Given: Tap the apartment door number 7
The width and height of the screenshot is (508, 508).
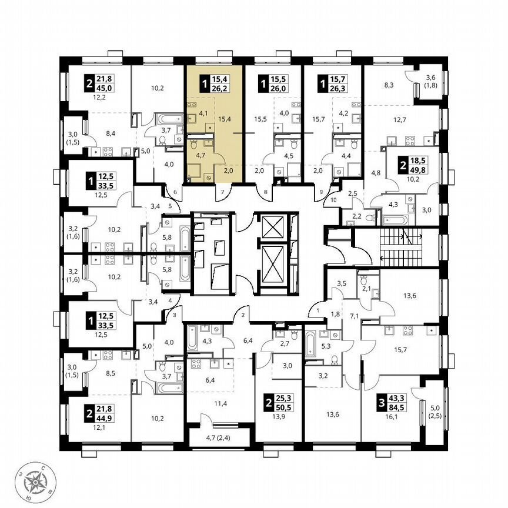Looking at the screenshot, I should [222, 192].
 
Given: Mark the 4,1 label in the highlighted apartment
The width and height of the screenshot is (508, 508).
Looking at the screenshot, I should [203, 114].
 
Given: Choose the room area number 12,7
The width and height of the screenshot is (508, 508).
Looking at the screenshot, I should [400, 121].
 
